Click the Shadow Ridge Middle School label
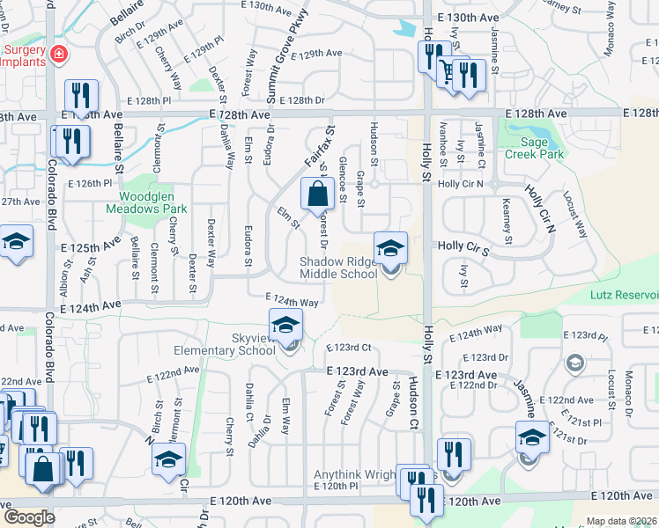click(338, 268)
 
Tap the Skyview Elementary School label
click(224, 344)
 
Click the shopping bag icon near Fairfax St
click(316, 194)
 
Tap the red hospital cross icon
click(59, 55)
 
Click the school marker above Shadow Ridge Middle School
click(390, 249)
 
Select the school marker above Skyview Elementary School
click(285, 327)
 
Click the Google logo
click(28, 517)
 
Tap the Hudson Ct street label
click(411, 401)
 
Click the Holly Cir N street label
click(461, 184)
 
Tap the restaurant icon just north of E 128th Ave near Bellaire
click(81, 97)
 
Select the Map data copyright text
click(622, 521)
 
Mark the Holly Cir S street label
click(463, 250)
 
